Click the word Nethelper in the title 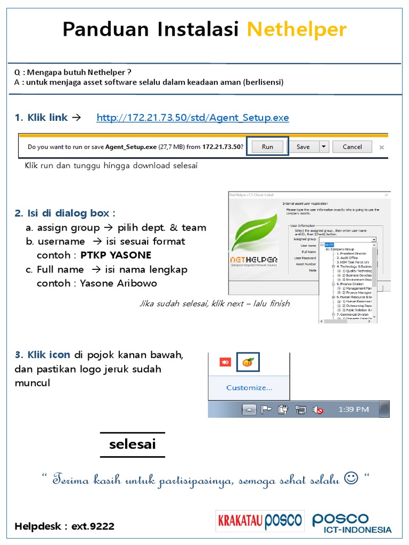(x=297, y=30)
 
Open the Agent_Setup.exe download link (x=193, y=118)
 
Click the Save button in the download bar (x=303, y=147)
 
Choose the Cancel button (x=352, y=147)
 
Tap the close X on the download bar (x=380, y=147)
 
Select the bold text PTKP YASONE (x=116, y=255)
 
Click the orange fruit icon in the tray (x=248, y=362)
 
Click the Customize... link (x=249, y=388)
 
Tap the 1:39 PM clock (x=354, y=409)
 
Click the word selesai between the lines (x=132, y=444)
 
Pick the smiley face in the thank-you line (x=351, y=479)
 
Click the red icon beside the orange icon (x=225, y=362)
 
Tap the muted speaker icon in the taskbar (x=318, y=409)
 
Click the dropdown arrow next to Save (x=323, y=147)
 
